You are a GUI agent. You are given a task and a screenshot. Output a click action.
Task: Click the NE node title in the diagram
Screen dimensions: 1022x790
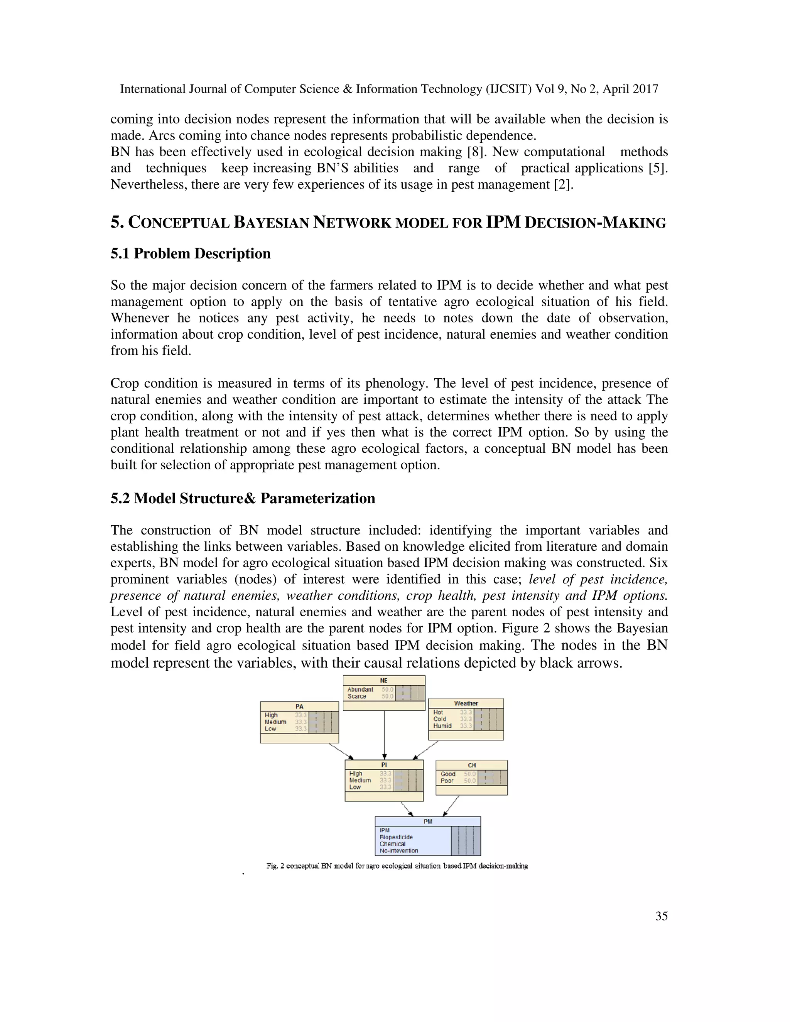384,680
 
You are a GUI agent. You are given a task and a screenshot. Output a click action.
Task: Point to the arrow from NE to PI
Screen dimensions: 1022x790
384,735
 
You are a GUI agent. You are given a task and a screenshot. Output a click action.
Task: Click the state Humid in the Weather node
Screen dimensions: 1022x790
442,726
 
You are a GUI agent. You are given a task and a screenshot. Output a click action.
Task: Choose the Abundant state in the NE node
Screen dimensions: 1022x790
360,689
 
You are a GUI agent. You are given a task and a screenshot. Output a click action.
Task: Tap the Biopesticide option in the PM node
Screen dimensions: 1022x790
396,837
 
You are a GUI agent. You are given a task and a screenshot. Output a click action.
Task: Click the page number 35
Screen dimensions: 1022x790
661,916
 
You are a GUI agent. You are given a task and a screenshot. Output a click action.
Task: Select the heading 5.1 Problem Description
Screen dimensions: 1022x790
191,254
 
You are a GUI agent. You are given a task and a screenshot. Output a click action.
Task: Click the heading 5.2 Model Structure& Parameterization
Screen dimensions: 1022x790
242,498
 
